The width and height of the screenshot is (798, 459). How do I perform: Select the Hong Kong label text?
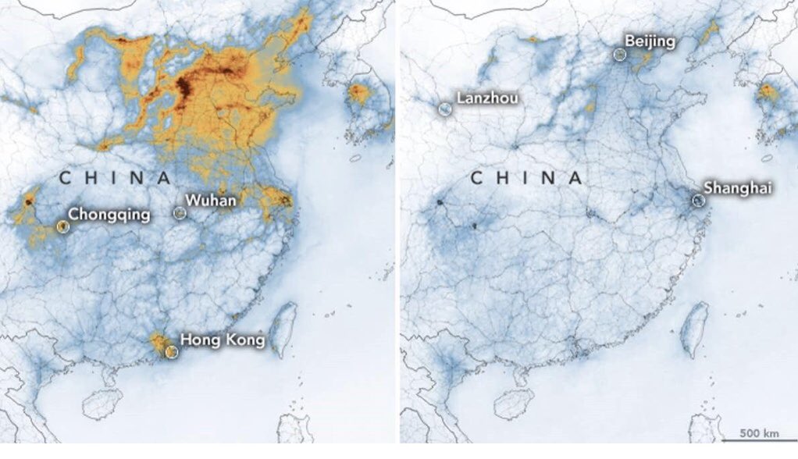pos(223,340)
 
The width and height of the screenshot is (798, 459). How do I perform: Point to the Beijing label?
pos(650,40)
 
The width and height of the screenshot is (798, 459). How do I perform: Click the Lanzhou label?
pos(487,98)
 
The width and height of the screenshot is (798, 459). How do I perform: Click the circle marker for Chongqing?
pos(62,226)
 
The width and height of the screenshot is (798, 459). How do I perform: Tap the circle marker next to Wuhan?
pos(180,212)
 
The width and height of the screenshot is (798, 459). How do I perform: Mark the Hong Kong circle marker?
pos(172,352)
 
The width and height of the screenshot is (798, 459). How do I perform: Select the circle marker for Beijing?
pos(620,54)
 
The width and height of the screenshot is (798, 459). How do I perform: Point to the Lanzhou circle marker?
pos(444,109)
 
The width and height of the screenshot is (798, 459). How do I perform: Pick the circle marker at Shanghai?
pos(698,201)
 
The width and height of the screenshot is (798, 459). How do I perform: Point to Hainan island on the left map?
pos(102,402)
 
